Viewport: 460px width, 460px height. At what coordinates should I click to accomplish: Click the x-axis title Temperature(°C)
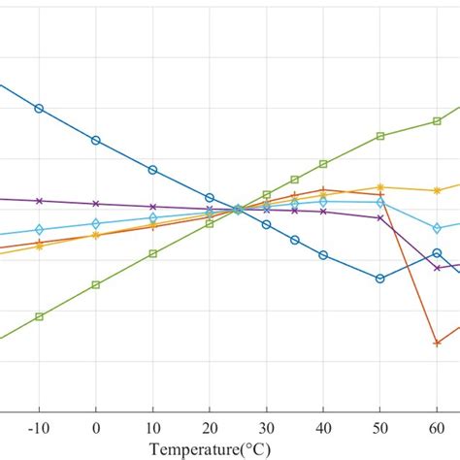[210, 449]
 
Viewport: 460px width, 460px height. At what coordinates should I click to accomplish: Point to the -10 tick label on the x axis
[38, 428]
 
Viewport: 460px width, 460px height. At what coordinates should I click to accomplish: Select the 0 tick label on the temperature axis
[95, 428]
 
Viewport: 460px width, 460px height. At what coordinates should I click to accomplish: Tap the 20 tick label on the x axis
[209, 428]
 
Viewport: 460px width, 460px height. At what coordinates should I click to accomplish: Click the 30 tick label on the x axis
[266, 428]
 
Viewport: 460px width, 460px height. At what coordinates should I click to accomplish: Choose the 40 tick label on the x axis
[323, 428]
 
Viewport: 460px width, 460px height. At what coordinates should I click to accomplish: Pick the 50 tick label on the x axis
[380, 428]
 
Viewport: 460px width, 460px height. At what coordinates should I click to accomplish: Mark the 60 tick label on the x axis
[437, 428]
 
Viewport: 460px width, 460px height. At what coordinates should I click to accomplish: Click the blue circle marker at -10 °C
[39, 108]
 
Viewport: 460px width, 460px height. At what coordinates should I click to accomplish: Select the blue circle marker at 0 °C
[95, 141]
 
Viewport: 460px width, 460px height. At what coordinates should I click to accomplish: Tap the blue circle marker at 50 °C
[380, 279]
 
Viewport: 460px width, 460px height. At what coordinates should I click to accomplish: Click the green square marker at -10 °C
[39, 316]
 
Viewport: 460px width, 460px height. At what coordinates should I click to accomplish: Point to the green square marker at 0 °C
[95, 284]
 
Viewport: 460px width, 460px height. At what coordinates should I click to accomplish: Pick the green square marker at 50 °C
[380, 136]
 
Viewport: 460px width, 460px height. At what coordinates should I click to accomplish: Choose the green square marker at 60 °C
[437, 121]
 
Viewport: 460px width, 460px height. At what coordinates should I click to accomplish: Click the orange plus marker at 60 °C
[437, 343]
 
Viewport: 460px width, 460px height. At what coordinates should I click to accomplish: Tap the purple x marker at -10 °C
[39, 201]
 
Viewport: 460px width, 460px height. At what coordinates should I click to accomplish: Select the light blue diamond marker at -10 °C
[39, 230]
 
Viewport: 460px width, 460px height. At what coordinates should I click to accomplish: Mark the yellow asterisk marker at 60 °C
[437, 190]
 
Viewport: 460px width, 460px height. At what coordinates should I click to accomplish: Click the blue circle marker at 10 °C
[152, 170]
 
